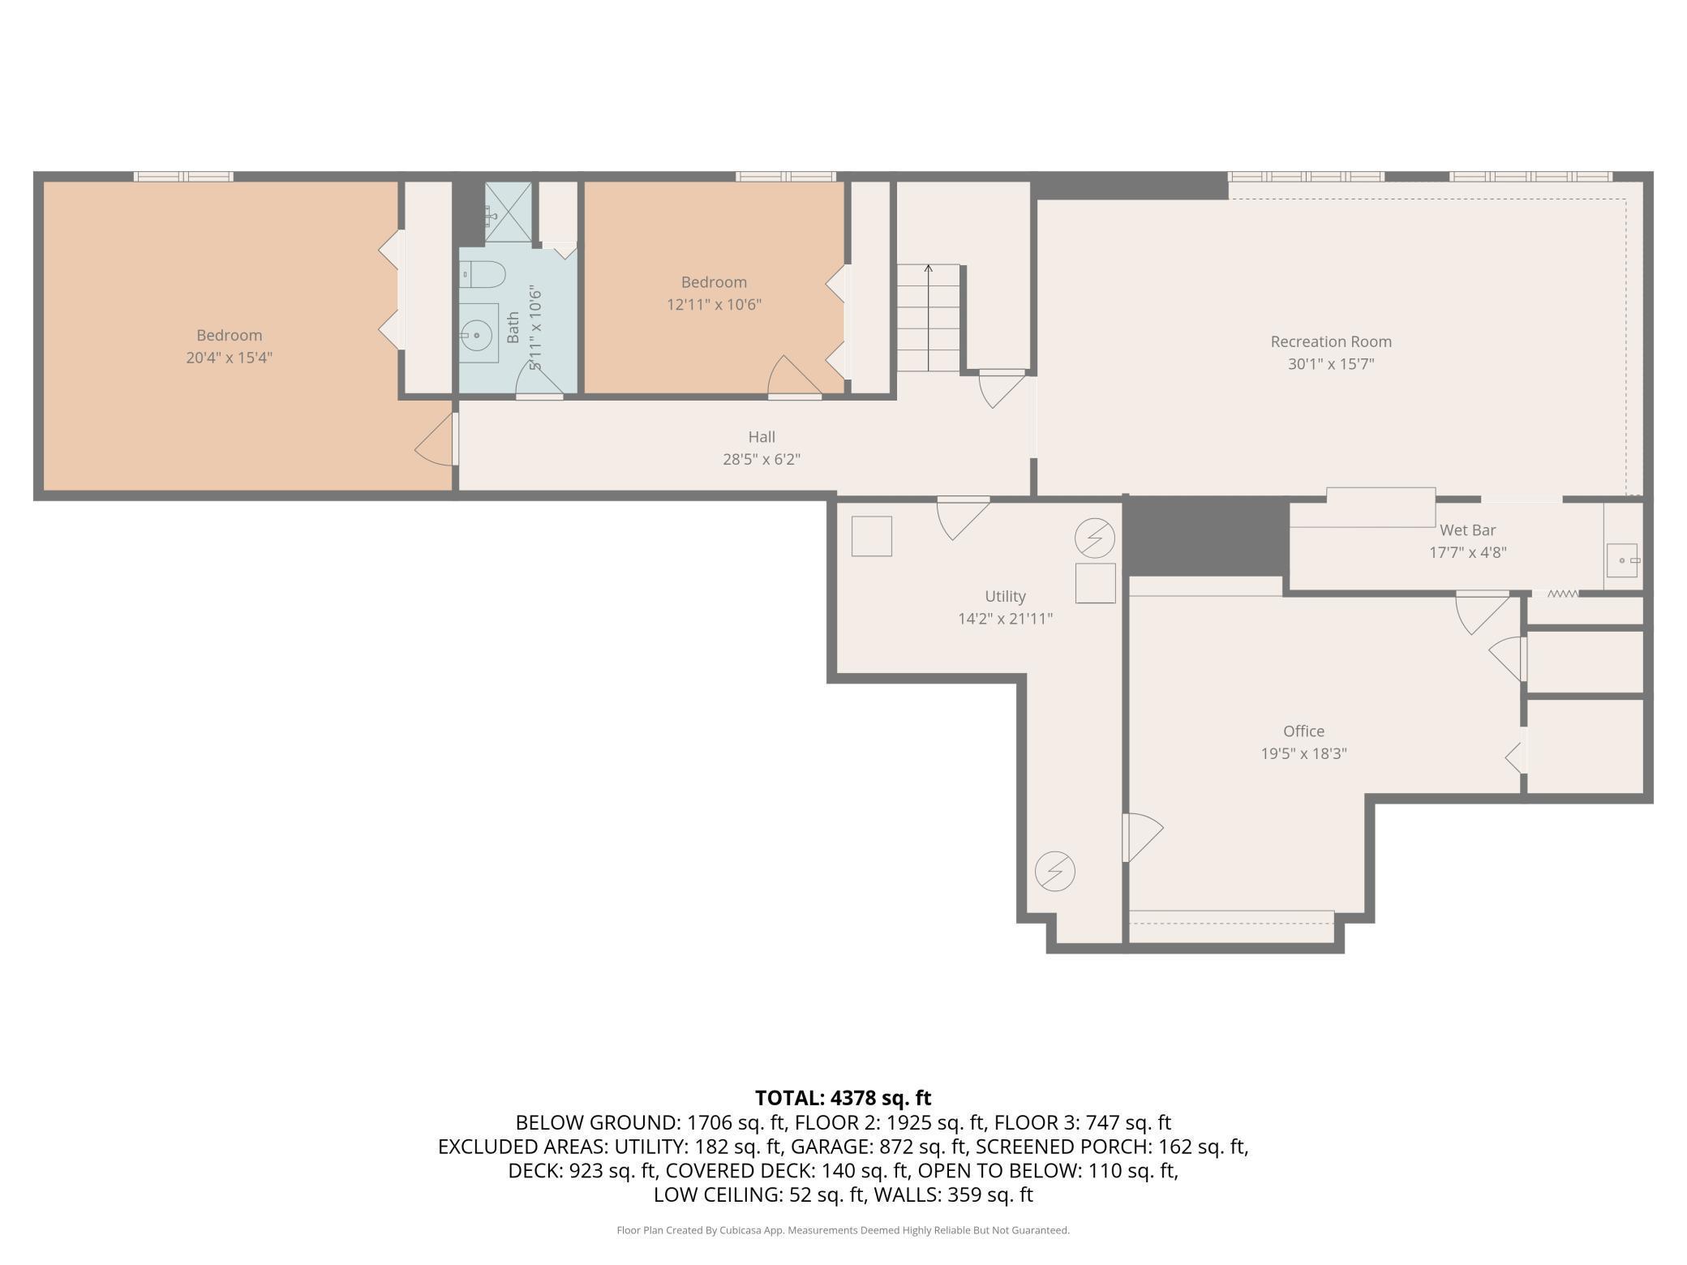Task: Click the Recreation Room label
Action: coord(1331,341)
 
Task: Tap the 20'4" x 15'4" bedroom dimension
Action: coord(229,358)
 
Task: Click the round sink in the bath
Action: coord(479,333)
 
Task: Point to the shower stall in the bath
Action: coord(509,212)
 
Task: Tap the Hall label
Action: coord(762,437)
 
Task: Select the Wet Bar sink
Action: coord(1623,560)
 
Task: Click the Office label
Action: coord(1303,731)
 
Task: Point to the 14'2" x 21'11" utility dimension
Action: coord(1005,619)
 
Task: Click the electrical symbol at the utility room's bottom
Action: coord(1055,872)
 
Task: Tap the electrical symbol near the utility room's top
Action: coord(1095,538)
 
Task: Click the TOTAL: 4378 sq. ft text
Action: coord(843,1098)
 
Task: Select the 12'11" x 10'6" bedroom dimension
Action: coord(714,305)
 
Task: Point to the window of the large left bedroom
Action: coord(183,176)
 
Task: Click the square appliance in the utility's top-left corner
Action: coord(872,536)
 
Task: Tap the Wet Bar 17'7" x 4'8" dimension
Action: coord(1468,552)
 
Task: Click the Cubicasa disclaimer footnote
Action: coord(843,1230)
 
